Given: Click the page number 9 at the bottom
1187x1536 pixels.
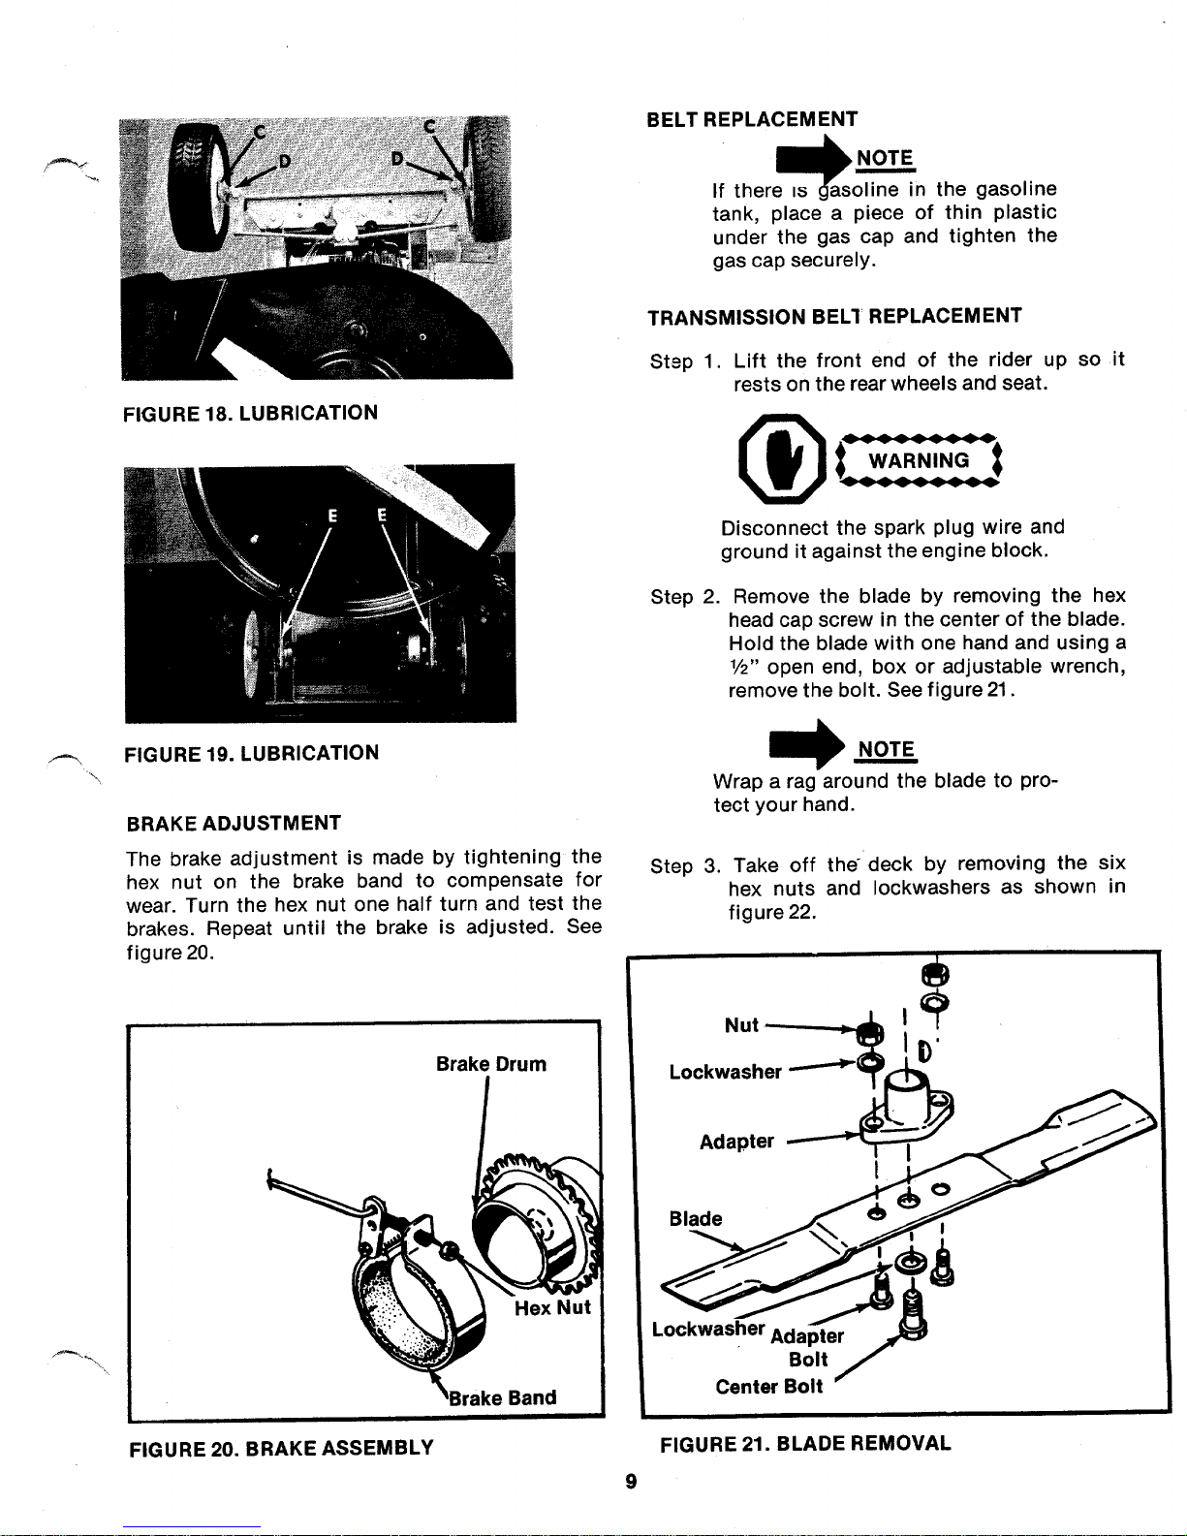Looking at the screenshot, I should [630, 1480].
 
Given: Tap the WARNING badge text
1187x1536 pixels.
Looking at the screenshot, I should [918, 460].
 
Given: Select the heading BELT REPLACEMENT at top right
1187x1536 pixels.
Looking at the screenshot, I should [752, 119].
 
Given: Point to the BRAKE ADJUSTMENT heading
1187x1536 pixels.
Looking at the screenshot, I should [234, 824].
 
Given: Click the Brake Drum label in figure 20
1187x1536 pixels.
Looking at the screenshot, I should [490, 1064].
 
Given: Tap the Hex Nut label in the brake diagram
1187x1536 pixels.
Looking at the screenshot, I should [551, 1308].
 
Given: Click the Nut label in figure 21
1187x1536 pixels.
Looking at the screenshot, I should [741, 1025].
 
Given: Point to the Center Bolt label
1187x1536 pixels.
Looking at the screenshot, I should [768, 1387].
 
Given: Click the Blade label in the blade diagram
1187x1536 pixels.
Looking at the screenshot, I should [696, 1218].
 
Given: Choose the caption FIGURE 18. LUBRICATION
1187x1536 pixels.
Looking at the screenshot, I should [250, 413].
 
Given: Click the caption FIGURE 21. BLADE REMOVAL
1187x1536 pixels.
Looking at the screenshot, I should [804, 1443].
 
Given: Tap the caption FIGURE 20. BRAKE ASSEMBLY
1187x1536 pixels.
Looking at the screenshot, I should [281, 1449].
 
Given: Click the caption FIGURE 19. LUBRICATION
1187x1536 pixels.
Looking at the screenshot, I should [252, 753].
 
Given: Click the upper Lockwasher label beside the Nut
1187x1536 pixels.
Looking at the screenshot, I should [725, 1072].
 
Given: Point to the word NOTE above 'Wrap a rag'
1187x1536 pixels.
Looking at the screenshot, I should [886, 749].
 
